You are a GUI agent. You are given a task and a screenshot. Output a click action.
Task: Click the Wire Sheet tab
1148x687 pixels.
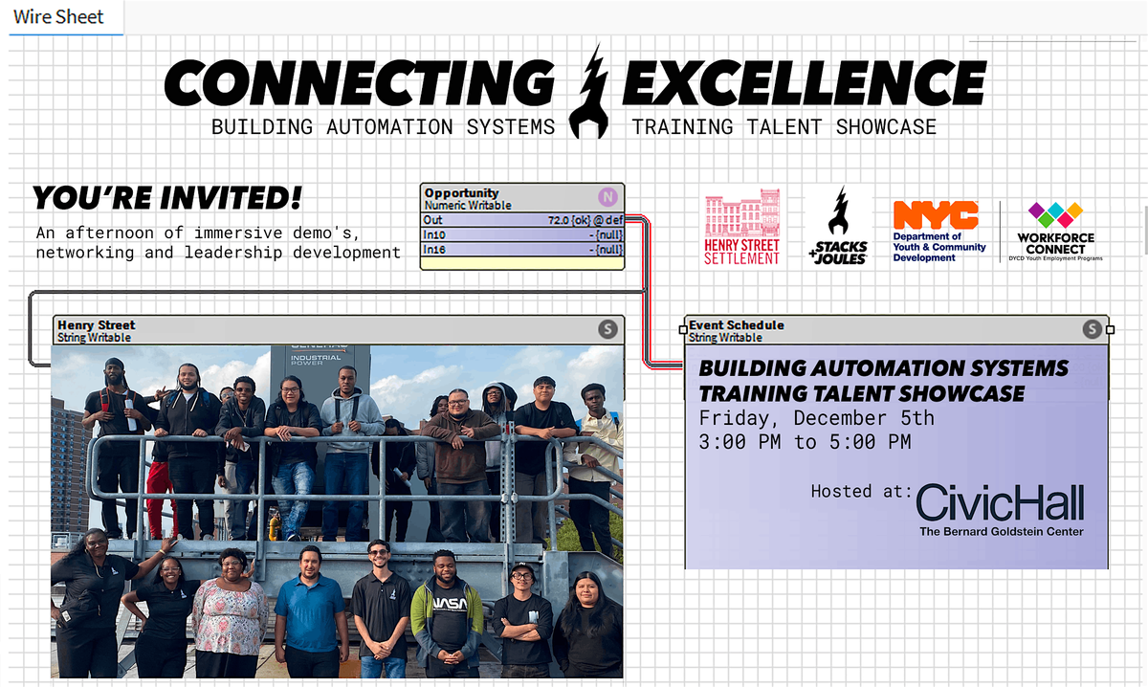(x=58, y=17)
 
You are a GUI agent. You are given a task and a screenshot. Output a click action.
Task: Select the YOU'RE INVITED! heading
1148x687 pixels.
(x=167, y=199)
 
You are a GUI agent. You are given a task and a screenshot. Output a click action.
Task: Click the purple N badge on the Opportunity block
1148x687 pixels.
(x=607, y=197)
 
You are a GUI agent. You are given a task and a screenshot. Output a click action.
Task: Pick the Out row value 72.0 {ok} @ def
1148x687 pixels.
(x=585, y=220)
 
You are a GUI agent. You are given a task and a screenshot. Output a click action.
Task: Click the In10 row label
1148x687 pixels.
(x=434, y=235)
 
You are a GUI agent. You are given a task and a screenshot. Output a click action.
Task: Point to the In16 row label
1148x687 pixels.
(x=434, y=250)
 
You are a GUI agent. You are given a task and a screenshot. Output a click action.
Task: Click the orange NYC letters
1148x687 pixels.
(x=935, y=215)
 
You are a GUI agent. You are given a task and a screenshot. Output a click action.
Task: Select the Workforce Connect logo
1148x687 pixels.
(x=1055, y=230)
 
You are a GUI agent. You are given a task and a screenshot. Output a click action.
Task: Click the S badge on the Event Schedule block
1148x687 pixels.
(x=1092, y=330)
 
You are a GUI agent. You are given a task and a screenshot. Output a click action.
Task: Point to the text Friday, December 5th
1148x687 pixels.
(x=816, y=418)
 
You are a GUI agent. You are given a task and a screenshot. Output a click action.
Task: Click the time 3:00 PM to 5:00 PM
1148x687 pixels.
(x=805, y=442)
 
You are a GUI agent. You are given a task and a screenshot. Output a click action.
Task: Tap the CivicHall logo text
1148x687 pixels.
(x=1000, y=503)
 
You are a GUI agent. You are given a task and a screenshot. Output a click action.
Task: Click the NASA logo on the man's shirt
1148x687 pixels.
(x=448, y=605)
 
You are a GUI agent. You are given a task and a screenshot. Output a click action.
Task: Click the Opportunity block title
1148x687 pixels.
(x=461, y=192)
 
